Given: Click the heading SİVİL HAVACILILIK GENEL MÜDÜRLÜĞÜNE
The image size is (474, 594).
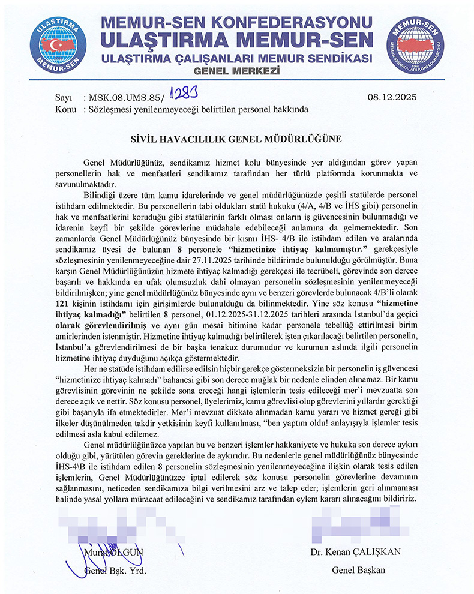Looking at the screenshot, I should [236, 139].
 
